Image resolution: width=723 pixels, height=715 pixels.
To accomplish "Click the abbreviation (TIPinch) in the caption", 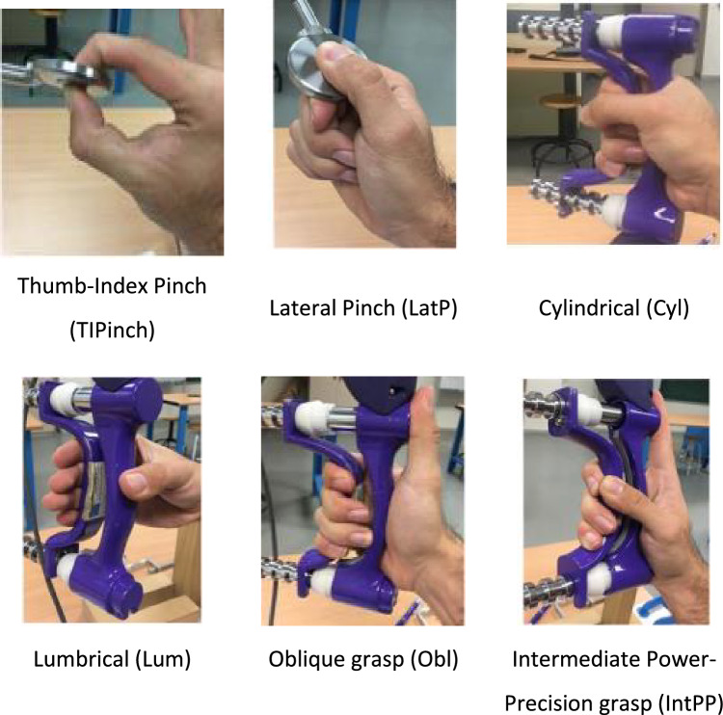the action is [x=112, y=331].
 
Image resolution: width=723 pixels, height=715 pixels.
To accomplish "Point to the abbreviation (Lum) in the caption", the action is [x=163, y=659].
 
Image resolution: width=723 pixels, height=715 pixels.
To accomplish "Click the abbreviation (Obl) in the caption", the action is [x=435, y=659].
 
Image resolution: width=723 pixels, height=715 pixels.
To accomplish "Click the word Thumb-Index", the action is [x=82, y=286].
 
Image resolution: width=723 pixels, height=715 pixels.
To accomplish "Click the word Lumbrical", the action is [x=81, y=659].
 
